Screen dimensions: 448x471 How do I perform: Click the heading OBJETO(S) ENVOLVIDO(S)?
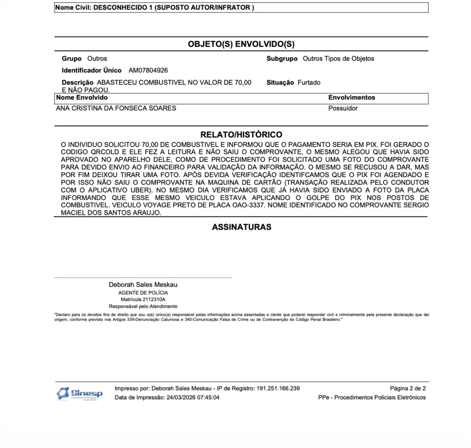pos(241,44)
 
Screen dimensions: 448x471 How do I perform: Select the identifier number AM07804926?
pos(148,70)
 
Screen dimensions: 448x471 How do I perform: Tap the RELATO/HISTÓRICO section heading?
pos(241,135)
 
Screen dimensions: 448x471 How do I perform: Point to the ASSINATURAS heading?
pos(241,227)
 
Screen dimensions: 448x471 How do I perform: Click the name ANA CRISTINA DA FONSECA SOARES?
pos(116,108)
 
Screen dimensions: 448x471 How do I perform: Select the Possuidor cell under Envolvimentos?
pos(343,108)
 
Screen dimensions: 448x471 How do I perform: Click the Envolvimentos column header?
pos(351,98)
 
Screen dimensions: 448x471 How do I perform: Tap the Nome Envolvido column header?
pos(82,98)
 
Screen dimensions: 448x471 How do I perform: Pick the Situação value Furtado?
pos(309,82)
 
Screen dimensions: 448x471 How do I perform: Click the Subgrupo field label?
pos(282,58)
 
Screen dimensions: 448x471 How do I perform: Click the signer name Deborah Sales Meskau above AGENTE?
pos(143,285)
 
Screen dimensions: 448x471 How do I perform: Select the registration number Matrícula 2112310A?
pos(143,299)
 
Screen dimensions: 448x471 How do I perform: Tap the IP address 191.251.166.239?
pos(278,388)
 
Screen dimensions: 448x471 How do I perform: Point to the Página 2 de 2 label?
pos(408,388)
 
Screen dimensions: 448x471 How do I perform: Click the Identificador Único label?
pos(92,70)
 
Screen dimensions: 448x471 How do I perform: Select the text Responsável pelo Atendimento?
pos(143,306)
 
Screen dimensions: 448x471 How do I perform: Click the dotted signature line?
pos(143,278)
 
